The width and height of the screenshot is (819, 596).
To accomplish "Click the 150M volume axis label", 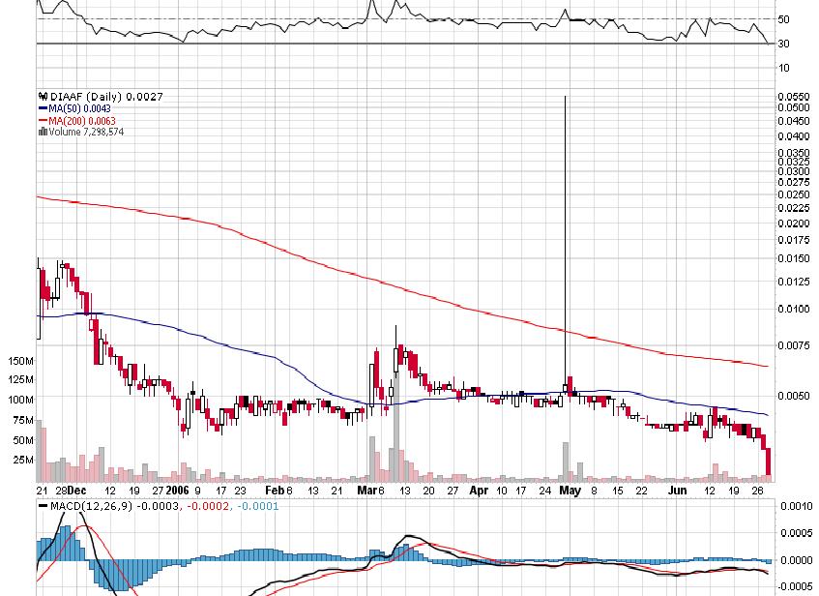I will tap(19, 360).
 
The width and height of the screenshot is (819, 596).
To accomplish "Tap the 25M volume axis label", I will tap(22, 460).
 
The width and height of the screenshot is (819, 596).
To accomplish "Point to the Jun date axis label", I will tap(679, 491).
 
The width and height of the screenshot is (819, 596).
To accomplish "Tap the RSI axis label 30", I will tap(784, 44).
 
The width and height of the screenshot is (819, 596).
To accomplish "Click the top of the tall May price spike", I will tap(565, 97).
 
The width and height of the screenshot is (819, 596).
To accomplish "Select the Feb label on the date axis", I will tap(276, 491).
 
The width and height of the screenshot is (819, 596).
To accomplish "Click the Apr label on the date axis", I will tap(479, 491).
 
